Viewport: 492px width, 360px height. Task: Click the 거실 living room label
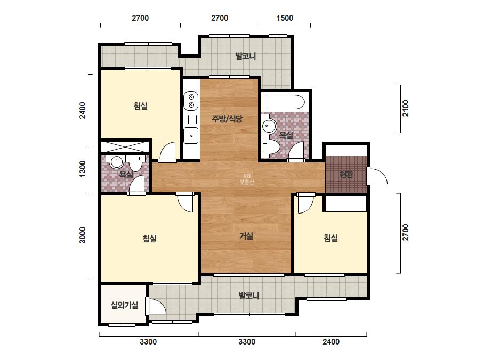click(246, 236)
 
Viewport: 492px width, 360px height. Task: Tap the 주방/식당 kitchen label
click(227, 119)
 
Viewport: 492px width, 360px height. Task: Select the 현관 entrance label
click(346, 174)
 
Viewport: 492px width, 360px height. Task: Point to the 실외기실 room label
click(125, 305)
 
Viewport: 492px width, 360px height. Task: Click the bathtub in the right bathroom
click(285, 102)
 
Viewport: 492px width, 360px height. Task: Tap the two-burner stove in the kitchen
click(191, 100)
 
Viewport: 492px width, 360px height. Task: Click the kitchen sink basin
click(191, 135)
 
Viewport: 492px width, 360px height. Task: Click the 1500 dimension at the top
click(285, 18)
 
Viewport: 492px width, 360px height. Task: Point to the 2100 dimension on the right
click(406, 108)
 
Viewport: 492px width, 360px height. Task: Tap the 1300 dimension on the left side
click(82, 169)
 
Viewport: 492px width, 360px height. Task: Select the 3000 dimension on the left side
click(82, 235)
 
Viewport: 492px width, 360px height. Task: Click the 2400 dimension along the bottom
click(331, 341)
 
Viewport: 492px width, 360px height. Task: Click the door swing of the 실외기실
click(155, 306)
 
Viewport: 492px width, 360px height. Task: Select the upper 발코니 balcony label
click(246, 56)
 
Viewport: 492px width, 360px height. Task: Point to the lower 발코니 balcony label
click(248, 296)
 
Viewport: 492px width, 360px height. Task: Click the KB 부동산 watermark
click(247, 179)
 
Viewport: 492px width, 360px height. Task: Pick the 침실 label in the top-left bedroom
click(141, 106)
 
